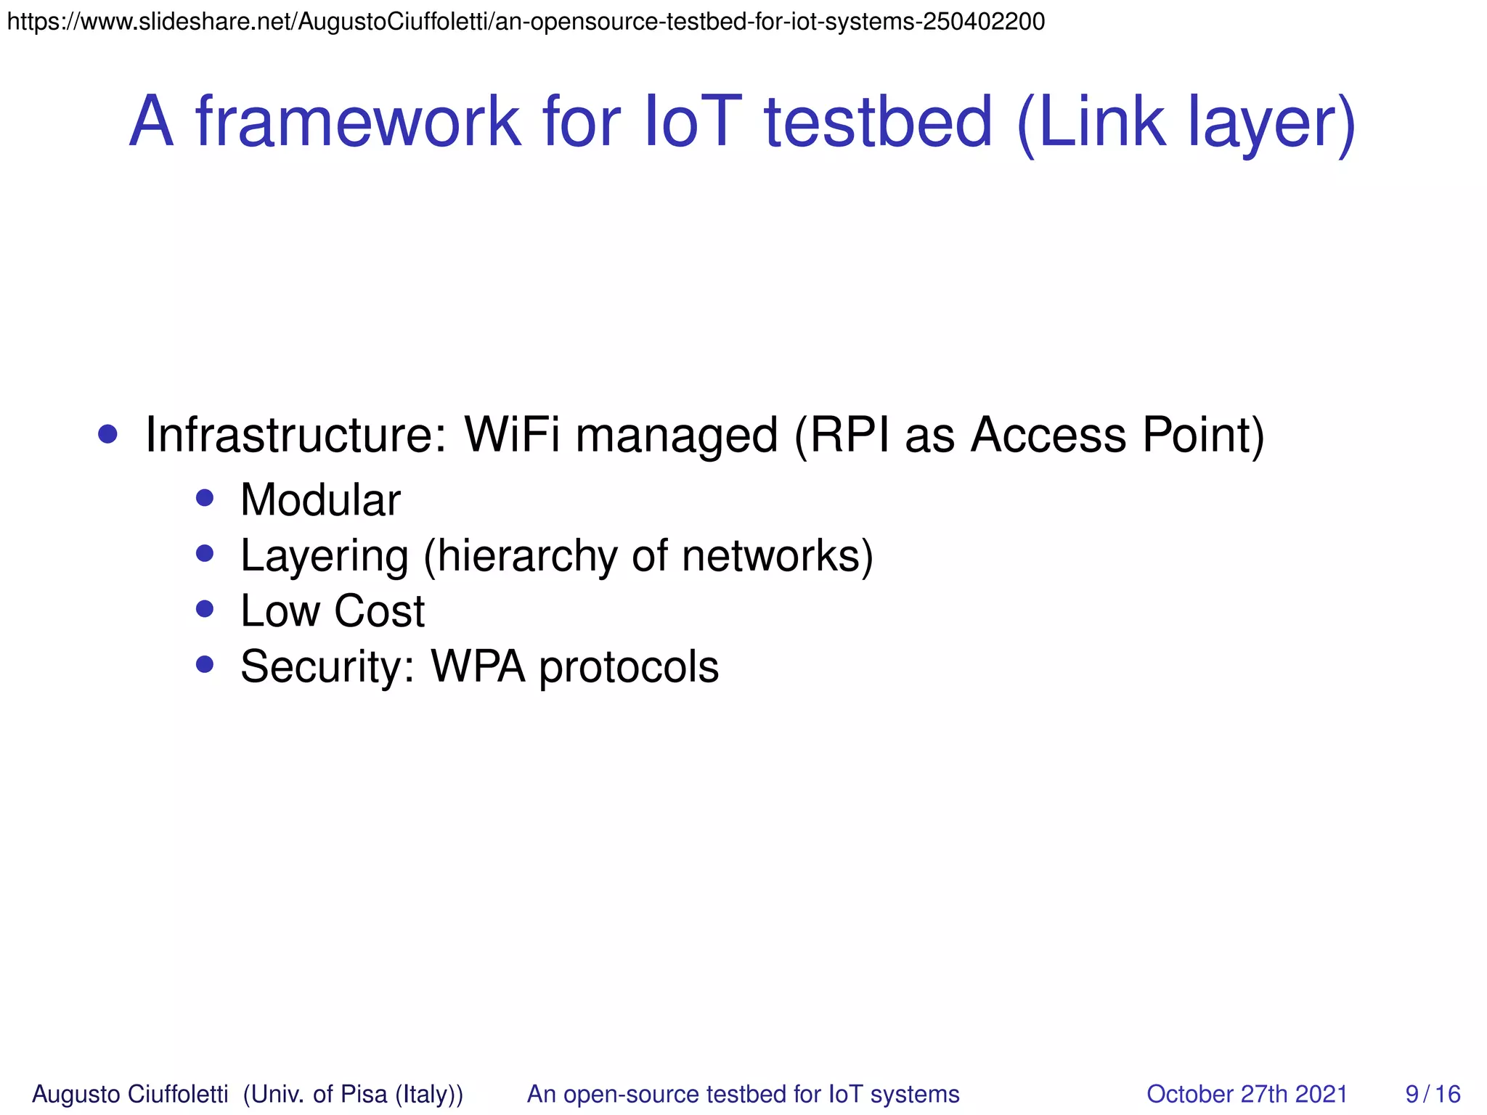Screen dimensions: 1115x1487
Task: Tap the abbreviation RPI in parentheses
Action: [850, 436]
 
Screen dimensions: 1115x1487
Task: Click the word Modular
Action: [320, 500]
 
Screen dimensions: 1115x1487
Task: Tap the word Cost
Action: [379, 611]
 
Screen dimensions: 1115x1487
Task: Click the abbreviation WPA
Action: [478, 666]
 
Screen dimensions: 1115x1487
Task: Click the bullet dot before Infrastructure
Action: [107, 434]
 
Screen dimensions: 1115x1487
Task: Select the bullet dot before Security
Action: [205, 664]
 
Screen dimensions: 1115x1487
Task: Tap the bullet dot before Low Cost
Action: [205, 608]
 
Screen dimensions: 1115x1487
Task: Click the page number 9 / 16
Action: [1432, 1094]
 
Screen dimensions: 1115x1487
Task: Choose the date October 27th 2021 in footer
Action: [1247, 1094]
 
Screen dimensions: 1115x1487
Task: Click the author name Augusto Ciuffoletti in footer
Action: [130, 1094]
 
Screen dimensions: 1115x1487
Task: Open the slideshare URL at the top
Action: [526, 22]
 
